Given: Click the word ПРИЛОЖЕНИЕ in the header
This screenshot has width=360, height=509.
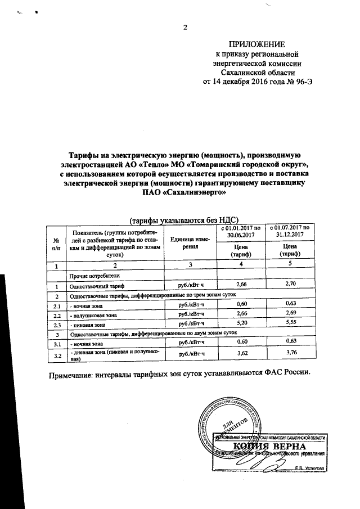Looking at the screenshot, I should click(x=255, y=44).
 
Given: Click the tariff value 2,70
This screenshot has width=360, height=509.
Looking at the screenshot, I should click(x=290, y=285).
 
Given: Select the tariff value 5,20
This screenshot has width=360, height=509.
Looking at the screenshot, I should click(x=242, y=324).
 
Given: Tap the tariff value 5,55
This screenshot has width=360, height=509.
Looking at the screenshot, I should click(x=290, y=324).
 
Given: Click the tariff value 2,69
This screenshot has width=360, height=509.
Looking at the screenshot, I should click(x=290, y=314).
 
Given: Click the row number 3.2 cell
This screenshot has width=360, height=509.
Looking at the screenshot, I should click(x=56, y=355).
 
